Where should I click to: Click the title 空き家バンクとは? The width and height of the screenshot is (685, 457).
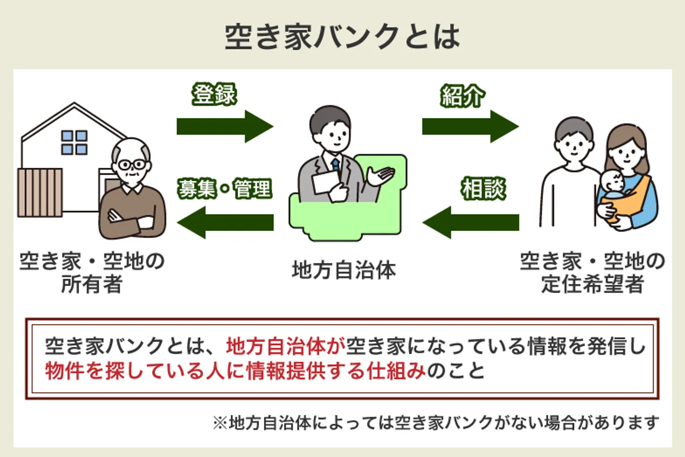(x=342, y=37)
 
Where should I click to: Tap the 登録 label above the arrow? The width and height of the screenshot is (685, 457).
(x=214, y=94)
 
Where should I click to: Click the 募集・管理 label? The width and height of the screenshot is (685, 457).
(x=225, y=189)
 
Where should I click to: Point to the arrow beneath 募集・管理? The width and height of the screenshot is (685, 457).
(x=225, y=223)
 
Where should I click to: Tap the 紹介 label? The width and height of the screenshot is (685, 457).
(x=462, y=96)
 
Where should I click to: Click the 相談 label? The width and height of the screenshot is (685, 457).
(x=483, y=189)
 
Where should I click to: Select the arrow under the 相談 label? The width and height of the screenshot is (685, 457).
(x=471, y=223)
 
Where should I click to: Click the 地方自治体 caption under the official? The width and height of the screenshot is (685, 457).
(x=343, y=270)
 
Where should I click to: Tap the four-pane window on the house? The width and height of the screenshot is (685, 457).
(x=74, y=143)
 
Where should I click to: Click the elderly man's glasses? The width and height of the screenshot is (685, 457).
(x=132, y=165)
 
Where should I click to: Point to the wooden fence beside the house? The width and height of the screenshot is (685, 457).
(x=40, y=192)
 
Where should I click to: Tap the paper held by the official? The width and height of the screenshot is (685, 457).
(x=326, y=182)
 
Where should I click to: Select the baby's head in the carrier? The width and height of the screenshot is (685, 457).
(x=612, y=183)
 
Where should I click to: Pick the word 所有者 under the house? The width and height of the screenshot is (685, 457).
(x=92, y=284)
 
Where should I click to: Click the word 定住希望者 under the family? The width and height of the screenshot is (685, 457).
(x=592, y=284)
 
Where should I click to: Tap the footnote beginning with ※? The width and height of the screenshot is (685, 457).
(x=435, y=422)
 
